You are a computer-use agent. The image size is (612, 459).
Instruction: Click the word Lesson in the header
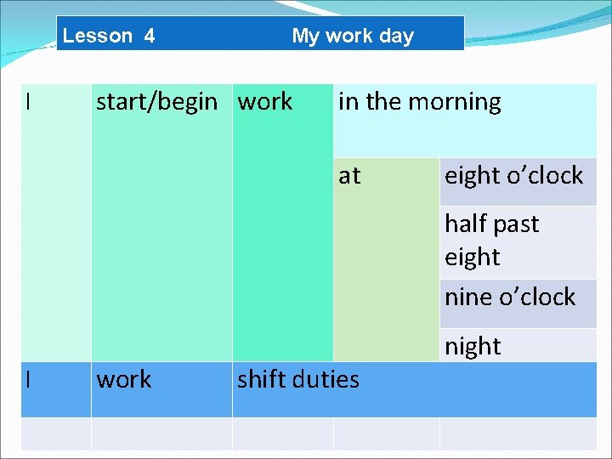coord(98,36)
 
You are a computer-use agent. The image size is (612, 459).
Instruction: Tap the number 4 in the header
coord(150,36)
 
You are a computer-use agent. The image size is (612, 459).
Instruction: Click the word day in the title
coord(397,36)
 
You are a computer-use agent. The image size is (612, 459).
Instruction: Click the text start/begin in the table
coord(156,102)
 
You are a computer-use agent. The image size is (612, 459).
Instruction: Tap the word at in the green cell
coord(349,175)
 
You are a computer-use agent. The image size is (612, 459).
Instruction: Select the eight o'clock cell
coord(513,176)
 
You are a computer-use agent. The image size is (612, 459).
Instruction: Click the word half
coord(466,224)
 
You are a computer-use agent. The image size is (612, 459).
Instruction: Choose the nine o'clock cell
coord(510,297)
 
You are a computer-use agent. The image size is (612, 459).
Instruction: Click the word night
coord(473,346)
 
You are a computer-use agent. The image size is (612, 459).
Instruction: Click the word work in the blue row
coord(124,379)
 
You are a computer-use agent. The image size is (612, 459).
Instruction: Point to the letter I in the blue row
coord(29,379)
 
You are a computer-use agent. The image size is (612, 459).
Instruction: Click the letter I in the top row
coord(29,102)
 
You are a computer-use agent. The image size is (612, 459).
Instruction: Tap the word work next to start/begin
coord(265,102)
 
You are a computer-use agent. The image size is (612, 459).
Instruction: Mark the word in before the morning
coord(348,102)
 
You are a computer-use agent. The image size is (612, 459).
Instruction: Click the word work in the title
coord(349,36)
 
